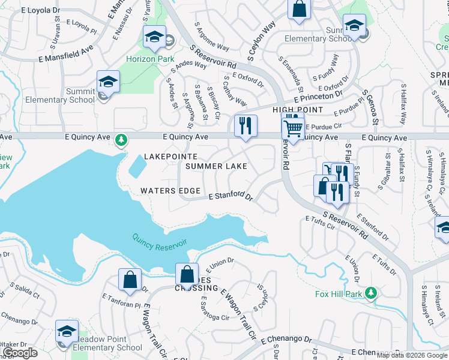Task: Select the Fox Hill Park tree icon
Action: pos(372,293)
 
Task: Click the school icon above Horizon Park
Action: pos(154,37)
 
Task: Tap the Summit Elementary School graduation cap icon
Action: pos(108,82)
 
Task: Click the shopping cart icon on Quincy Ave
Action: pos(293,128)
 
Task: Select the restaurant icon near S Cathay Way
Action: pos(246,127)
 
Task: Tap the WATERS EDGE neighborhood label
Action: pos(170,191)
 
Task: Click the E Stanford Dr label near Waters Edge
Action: pos(231,196)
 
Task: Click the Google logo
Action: pos(20,353)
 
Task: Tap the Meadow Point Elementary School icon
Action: pos(67,332)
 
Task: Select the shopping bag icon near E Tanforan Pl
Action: pos(130,280)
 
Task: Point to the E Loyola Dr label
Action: pos(25,10)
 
